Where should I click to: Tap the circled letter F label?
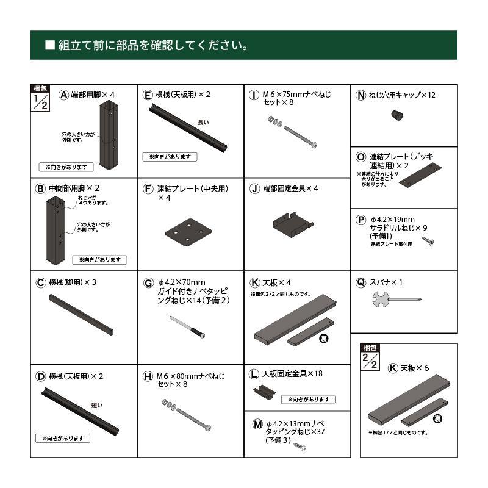click(148, 188)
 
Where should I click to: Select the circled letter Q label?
click(361, 282)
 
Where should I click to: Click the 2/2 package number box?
click(370, 361)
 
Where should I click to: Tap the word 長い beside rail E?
click(203, 123)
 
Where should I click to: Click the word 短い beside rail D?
click(96, 406)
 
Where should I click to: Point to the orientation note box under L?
click(309, 400)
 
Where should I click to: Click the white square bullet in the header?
click(51, 45)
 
